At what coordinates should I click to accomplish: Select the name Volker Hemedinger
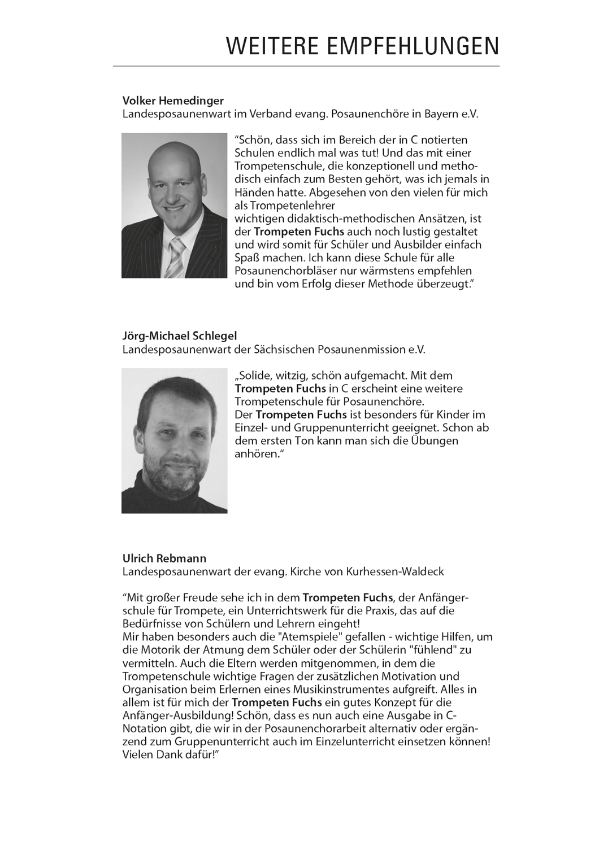tap(173, 101)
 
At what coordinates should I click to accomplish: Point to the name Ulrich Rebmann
tap(164, 558)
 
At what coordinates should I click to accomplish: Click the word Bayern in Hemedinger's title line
tap(436, 114)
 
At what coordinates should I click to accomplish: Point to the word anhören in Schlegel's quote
tap(257, 454)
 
